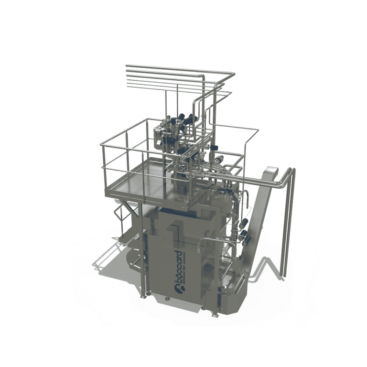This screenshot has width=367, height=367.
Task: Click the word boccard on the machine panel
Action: [x=181, y=262]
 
